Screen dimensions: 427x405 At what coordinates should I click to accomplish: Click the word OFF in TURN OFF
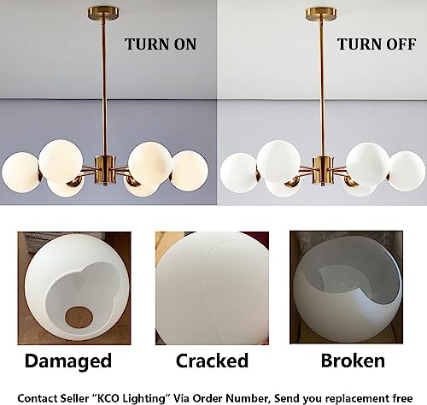pyautogui.click(x=401, y=44)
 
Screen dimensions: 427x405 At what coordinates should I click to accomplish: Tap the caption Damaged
pyautogui.click(x=68, y=361)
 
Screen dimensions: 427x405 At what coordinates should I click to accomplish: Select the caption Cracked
pyautogui.click(x=212, y=361)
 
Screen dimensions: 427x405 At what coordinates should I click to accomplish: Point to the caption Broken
pyautogui.click(x=353, y=361)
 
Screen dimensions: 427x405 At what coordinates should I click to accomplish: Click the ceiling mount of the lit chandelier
pyautogui.click(x=103, y=14)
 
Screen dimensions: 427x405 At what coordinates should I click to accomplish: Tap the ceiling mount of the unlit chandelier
pyautogui.click(x=321, y=14)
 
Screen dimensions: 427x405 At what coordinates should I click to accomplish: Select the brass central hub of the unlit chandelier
pyautogui.click(x=323, y=170)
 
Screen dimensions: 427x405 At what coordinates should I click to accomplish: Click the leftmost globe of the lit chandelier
pyautogui.click(x=20, y=173)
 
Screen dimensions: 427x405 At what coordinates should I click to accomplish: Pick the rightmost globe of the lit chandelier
pyautogui.click(x=189, y=171)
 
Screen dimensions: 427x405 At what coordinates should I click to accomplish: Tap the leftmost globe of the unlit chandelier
pyautogui.click(x=239, y=173)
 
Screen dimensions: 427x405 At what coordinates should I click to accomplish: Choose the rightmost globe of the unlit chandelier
pyautogui.click(x=407, y=171)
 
